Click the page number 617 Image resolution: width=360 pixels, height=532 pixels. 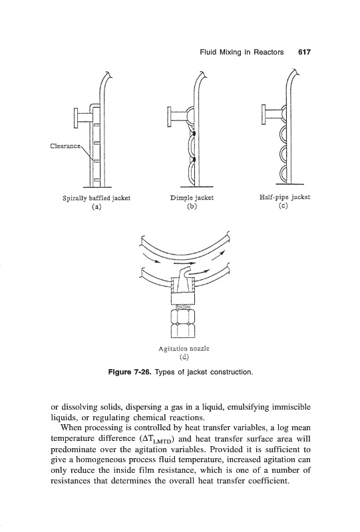coord(304,53)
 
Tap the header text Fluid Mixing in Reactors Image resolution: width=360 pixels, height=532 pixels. coord(242,53)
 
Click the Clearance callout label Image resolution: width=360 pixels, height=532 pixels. coord(66,146)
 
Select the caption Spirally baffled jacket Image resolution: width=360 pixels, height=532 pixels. coord(96,198)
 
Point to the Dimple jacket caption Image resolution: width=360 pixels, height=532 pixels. coord(192,198)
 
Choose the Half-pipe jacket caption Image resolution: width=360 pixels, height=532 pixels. coord(285,197)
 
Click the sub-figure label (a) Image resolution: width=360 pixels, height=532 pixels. coord(96,206)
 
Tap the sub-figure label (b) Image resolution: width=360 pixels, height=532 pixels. coord(192,206)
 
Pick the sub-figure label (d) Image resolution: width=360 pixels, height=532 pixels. coord(184,356)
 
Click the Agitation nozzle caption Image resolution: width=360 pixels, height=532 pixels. coord(184,348)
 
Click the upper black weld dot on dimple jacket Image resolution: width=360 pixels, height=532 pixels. coord(194,134)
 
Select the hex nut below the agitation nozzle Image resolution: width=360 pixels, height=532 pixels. coord(183,323)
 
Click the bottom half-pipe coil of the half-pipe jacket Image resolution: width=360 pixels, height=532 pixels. coord(284,174)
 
